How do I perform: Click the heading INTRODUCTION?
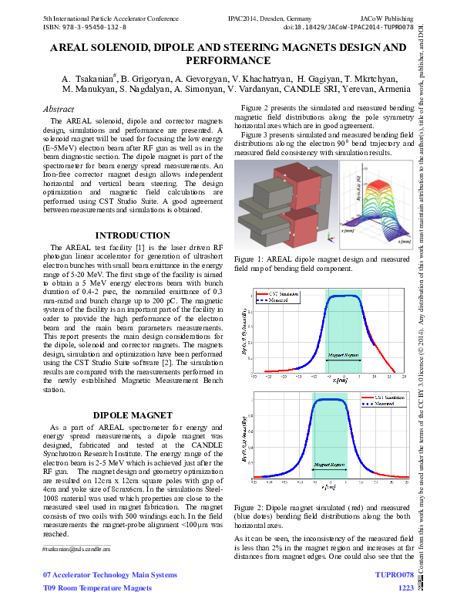pyautogui.click(x=132, y=235)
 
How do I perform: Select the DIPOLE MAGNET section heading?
pyautogui.click(x=132, y=414)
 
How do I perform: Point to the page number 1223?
pyautogui.click(x=405, y=588)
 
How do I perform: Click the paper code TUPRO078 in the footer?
pyautogui.click(x=394, y=575)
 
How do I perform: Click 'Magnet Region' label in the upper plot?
pyautogui.click(x=343, y=355)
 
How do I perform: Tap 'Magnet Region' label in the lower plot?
pyautogui.click(x=329, y=466)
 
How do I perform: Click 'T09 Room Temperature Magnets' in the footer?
pyautogui.click(x=97, y=588)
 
